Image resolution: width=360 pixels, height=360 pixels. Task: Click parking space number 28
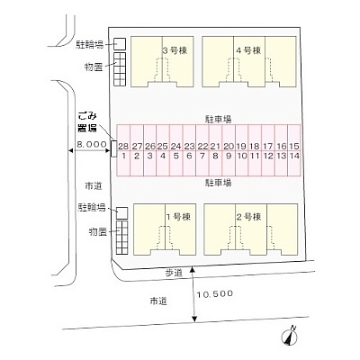[x=123, y=138]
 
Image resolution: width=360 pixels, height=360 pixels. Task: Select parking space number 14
[x=294, y=163]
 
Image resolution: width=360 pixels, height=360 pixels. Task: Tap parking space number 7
[x=202, y=163]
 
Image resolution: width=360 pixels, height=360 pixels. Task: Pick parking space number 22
[x=202, y=138]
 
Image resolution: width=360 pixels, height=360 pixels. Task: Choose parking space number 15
[x=294, y=138]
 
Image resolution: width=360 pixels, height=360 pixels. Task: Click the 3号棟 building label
[x=175, y=50]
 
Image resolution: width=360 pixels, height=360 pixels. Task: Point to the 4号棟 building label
[x=248, y=50]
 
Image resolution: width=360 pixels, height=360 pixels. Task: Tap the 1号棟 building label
[x=178, y=217]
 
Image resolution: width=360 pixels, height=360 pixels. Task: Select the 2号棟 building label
[x=248, y=217]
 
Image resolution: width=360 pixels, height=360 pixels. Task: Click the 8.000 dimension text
[x=92, y=144]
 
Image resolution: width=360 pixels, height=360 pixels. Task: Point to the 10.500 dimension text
[x=215, y=293]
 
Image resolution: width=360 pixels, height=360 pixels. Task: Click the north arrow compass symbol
[x=289, y=337]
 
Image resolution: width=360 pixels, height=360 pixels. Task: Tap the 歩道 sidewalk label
[x=174, y=273]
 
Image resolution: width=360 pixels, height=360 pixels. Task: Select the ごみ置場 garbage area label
[x=87, y=122]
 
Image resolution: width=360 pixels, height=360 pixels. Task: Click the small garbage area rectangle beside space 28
[x=113, y=148]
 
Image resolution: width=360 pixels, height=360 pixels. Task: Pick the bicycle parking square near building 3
[x=120, y=44]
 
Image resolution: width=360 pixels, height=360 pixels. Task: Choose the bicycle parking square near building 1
[x=121, y=213]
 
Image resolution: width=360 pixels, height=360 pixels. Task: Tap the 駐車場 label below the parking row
[x=218, y=183]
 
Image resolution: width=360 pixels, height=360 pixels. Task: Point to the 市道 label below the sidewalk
[x=158, y=301]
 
